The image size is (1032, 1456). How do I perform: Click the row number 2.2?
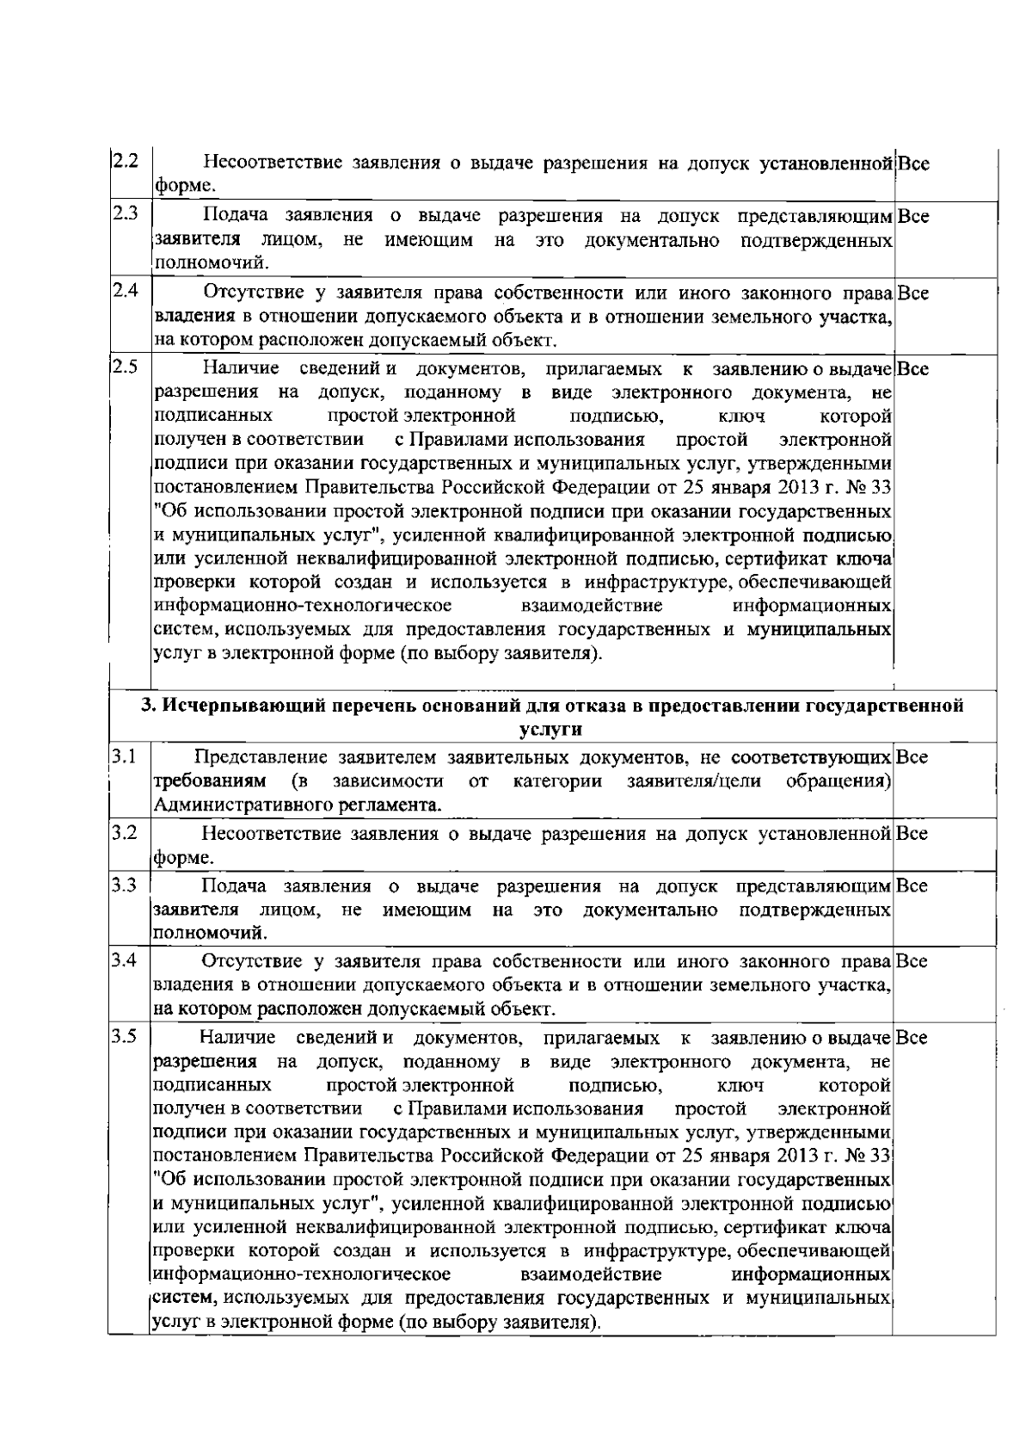126,161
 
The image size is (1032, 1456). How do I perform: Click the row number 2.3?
126,213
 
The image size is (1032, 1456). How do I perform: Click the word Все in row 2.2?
912,162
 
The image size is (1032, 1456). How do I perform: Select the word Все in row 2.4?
912,293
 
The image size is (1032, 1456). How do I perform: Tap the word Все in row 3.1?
912,757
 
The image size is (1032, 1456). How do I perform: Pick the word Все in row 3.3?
912,885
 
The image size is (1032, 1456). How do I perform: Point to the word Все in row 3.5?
912,1038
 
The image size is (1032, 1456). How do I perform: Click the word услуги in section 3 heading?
551,730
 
